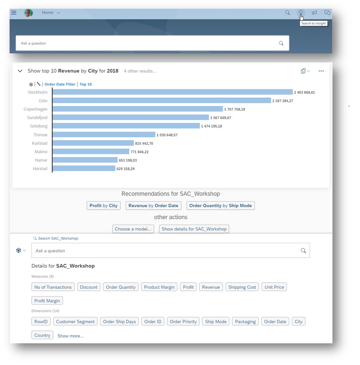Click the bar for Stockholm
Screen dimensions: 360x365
pyautogui.click(x=173, y=92)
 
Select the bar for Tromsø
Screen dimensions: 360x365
pyautogui.click(x=104, y=135)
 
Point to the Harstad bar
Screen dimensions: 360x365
pyautogui.click(x=84, y=168)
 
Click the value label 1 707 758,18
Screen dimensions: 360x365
pyautogui.click(x=234, y=109)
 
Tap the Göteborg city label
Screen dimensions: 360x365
pyautogui.click(x=39, y=126)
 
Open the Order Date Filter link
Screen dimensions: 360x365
pyautogui.click(x=60, y=84)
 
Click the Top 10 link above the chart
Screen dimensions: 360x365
pyautogui.click(x=86, y=84)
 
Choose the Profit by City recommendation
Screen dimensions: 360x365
pyautogui.click(x=103, y=206)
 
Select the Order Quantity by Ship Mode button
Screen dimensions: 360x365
pyautogui.click(x=221, y=206)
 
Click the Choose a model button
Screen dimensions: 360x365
pyautogui.click(x=133, y=229)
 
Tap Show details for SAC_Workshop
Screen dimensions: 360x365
pyautogui.click(x=194, y=229)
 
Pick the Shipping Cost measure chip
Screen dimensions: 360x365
pyautogui.click(x=242, y=287)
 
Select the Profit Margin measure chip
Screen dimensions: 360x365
pyautogui.click(x=47, y=300)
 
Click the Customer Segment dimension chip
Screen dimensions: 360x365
pyautogui.click(x=75, y=322)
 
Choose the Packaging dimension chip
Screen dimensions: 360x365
pyautogui.click(x=245, y=322)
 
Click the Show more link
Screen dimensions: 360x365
pyautogui.click(x=70, y=336)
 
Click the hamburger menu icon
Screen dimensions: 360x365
pyautogui.click(x=14, y=13)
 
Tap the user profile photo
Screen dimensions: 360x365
pyautogui.click(x=28, y=13)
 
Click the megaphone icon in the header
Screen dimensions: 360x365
pyautogui.click(x=314, y=13)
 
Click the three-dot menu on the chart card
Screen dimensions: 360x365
pyautogui.click(x=321, y=71)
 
